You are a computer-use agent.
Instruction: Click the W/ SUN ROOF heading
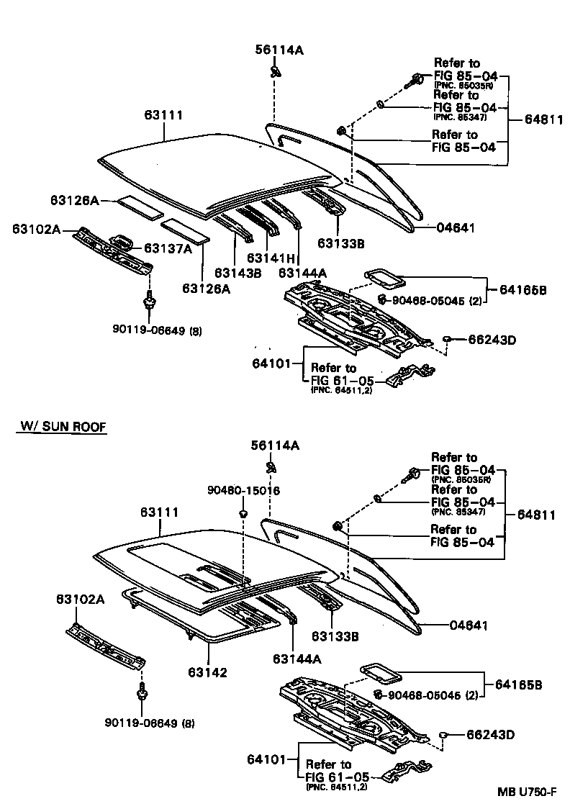point(62,427)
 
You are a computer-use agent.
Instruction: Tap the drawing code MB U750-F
point(527,792)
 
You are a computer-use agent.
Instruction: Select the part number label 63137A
point(168,248)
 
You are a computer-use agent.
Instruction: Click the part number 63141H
point(271,258)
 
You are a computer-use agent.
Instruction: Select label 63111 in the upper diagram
point(163,115)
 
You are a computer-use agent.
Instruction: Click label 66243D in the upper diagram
point(492,339)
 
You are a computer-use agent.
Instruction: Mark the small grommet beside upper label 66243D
point(446,338)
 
